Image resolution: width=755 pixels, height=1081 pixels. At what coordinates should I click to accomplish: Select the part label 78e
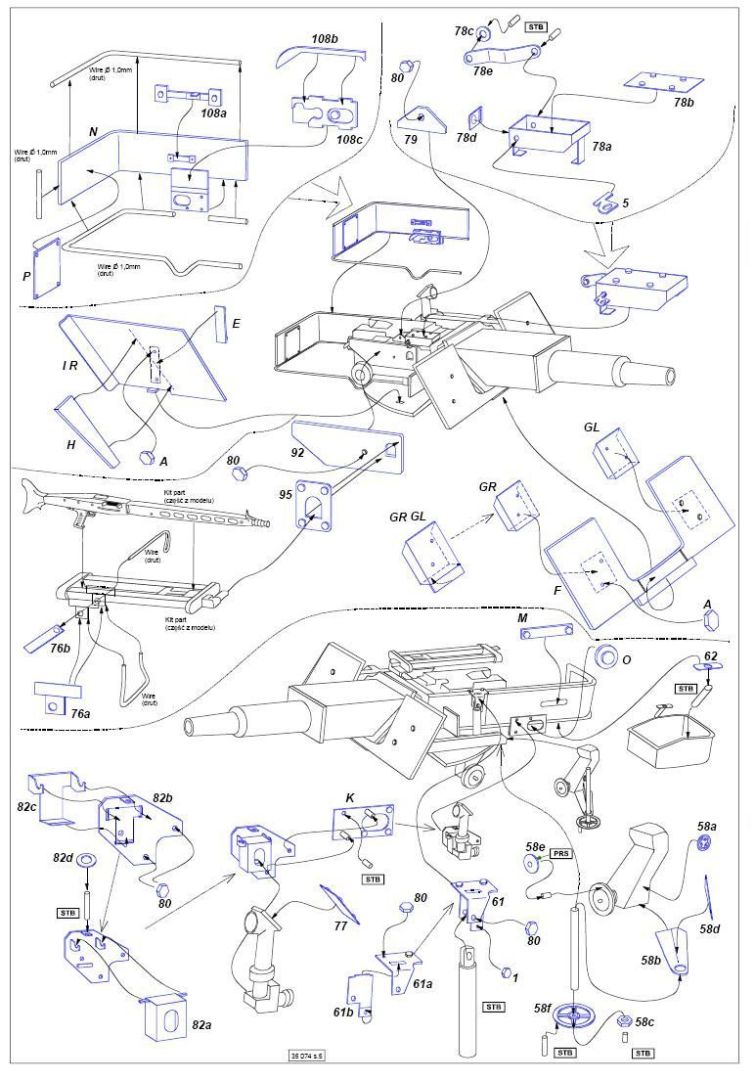click(x=482, y=70)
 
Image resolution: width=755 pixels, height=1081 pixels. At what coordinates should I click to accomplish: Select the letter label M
click(x=524, y=619)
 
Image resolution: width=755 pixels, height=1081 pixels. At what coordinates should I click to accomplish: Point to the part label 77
click(x=340, y=925)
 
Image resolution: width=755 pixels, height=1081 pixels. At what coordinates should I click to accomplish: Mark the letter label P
click(x=27, y=277)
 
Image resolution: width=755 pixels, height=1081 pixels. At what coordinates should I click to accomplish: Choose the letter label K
click(x=350, y=799)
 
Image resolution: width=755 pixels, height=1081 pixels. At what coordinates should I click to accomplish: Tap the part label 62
click(x=710, y=656)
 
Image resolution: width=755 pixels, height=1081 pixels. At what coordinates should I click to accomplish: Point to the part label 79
click(x=411, y=141)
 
